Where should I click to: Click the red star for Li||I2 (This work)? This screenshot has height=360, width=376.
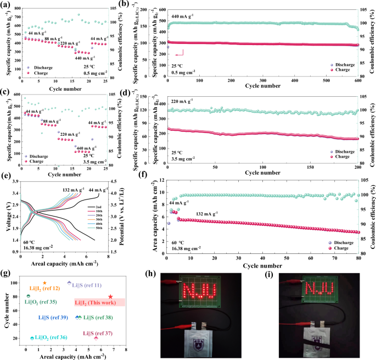point(111,297)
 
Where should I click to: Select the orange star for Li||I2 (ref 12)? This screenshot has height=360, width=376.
point(44,283)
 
